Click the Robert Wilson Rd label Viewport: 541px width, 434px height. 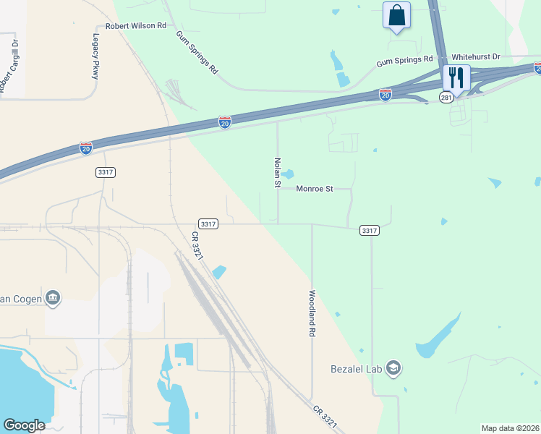[136, 25]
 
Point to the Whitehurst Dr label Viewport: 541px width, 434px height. [480, 56]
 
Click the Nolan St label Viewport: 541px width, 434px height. [277, 173]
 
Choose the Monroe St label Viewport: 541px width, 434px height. [314, 189]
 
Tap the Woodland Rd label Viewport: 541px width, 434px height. [312, 312]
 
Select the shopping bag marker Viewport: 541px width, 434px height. [396, 15]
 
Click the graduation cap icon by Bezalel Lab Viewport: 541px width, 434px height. [393, 369]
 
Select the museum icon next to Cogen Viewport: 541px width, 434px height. [52, 297]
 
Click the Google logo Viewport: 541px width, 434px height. [25, 425]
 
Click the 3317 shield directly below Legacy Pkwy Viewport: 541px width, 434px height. [105, 172]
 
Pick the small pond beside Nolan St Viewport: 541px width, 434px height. [288, 174]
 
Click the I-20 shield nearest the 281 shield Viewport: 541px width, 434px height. [385, 95]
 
